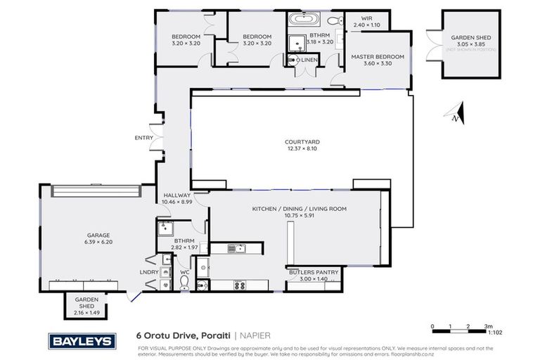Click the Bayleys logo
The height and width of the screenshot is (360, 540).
pyautogui.click(x=82, y=341)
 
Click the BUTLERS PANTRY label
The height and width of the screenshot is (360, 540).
pyautogui.click(x=313, y=271)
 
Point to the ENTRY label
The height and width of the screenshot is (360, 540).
pyautogui.click(x=143, y=138)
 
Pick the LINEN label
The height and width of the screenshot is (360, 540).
pyautogui.click(x=309, y=60)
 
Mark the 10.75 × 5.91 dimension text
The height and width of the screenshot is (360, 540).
pyautogui.click(x=300, y=216)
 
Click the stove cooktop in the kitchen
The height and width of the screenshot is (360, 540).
pyautogui.click(x=239, y=285)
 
